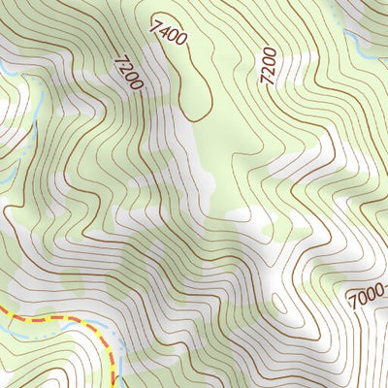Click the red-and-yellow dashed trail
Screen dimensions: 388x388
point(58,317)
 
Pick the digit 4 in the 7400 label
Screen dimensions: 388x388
point(164,27)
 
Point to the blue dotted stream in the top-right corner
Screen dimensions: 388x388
point(335,12)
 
